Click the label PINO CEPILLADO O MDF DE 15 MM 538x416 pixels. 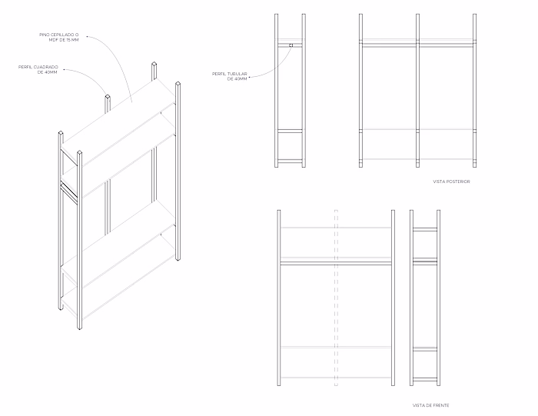coord(63,38)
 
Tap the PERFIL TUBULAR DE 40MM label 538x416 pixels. coord(230,76)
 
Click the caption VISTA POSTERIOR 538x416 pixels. coord(451,181)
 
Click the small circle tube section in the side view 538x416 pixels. coord(291,45)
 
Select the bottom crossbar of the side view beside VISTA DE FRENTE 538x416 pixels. coord(425,378)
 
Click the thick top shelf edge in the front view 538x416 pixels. coord(336,263)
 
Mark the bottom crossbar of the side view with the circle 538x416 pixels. coord(291,160)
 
